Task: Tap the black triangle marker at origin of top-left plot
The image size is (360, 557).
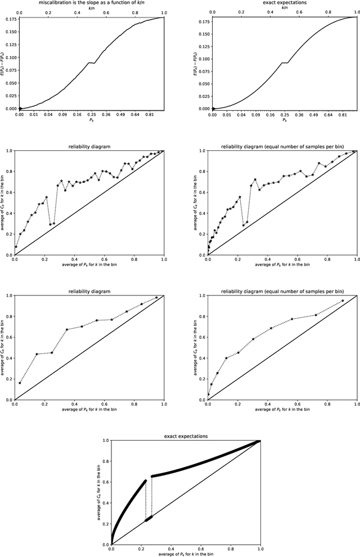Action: pyautogui.click(x=20, y=109)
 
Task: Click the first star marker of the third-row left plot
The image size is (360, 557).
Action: pyautogui.click(x=20, y=383)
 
